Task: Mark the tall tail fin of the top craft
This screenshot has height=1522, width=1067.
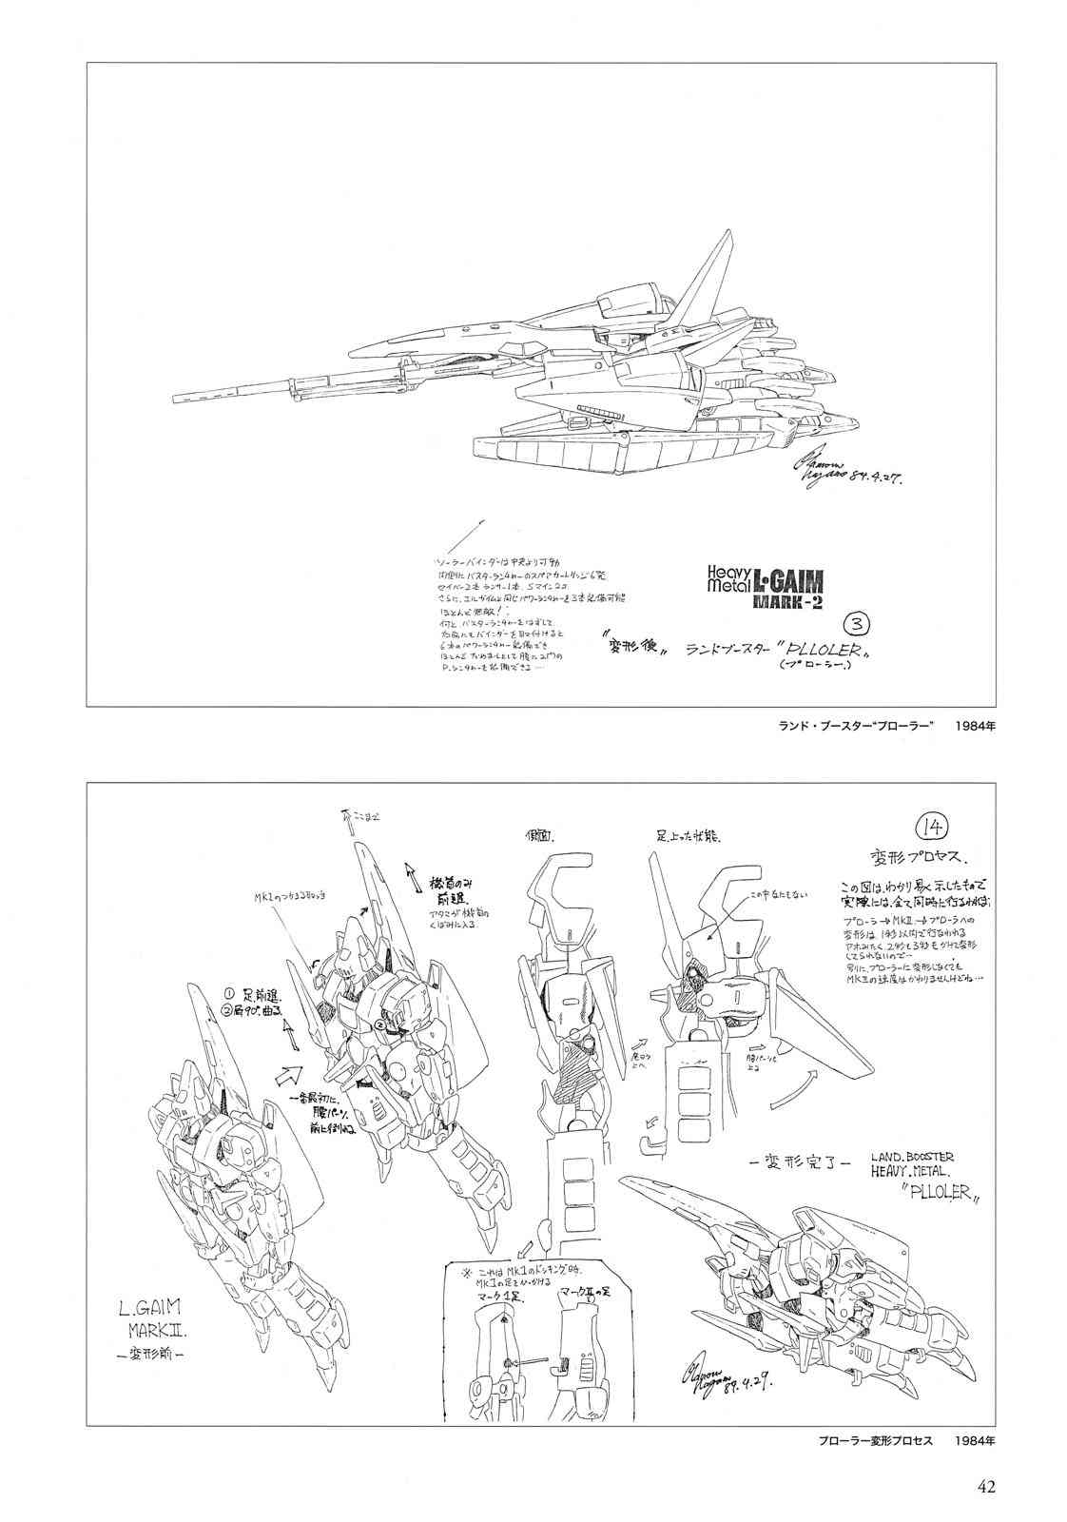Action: [x=719, y=239]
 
